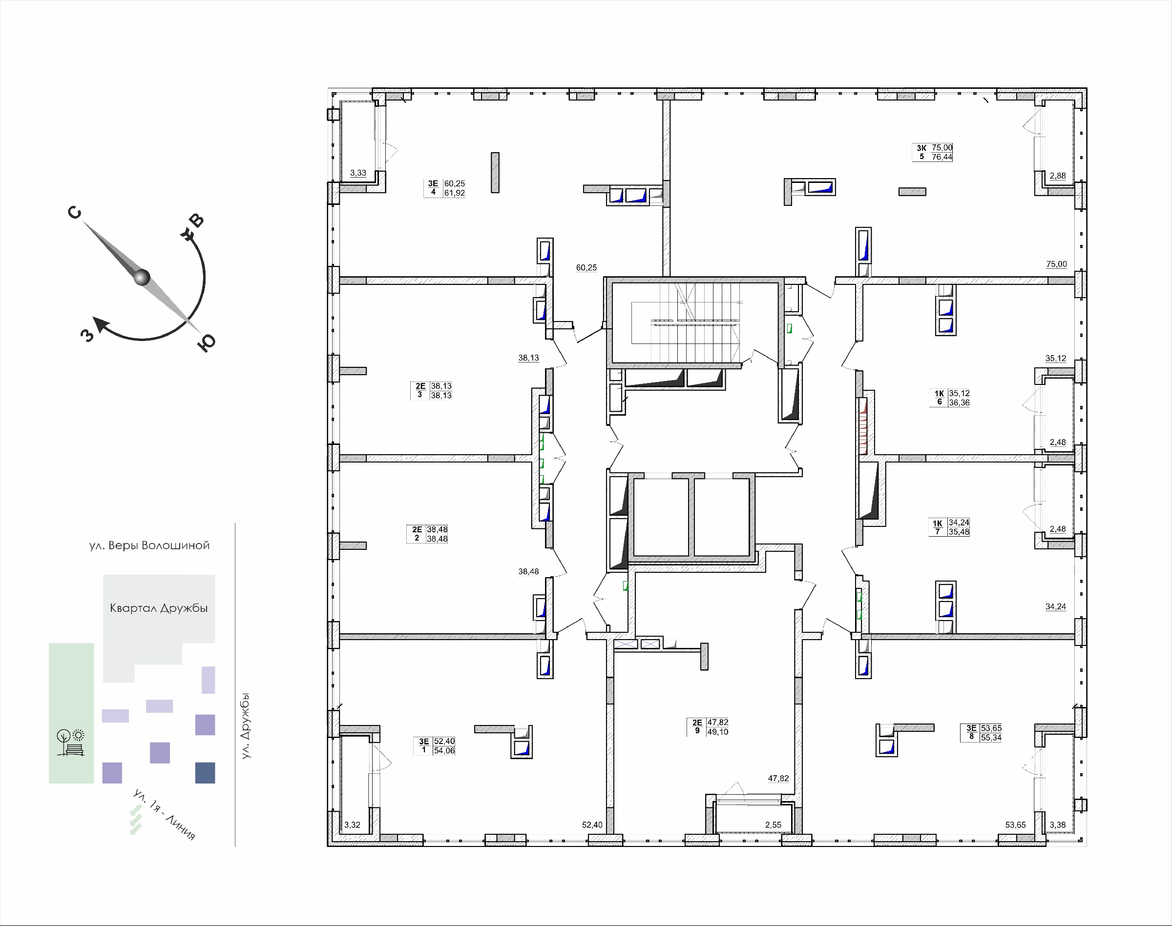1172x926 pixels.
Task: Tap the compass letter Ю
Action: [206, 342]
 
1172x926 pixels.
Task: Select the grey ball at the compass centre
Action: [142, 277]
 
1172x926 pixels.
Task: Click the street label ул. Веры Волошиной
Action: [150, 545]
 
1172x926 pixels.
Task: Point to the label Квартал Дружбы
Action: [159, 608]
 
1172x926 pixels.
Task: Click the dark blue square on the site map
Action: [205, 773]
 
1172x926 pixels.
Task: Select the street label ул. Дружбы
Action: [246, 725]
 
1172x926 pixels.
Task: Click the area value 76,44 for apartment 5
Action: [942, 157]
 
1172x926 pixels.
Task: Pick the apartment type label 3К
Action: [921, 148]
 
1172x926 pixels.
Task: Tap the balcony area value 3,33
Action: [358, 173]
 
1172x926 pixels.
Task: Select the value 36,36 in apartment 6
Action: [959, 403]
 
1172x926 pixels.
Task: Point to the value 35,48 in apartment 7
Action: [959, 532]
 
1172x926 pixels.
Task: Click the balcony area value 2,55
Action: [773, 825]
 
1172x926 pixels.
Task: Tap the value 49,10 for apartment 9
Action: [718, 732]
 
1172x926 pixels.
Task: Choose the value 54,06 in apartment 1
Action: [444, 751]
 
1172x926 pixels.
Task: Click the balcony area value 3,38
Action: [1058, 825]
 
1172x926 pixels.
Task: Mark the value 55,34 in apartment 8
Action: [991, 738]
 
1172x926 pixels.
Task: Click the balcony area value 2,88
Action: [1058, 176]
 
